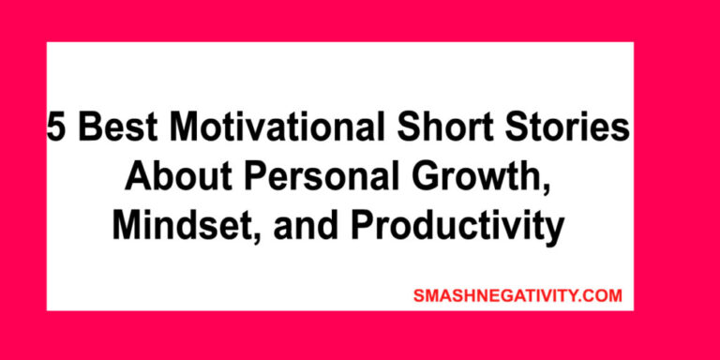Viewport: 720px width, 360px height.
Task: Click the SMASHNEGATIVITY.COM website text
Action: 517,295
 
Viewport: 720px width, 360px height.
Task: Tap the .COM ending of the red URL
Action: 601,295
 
